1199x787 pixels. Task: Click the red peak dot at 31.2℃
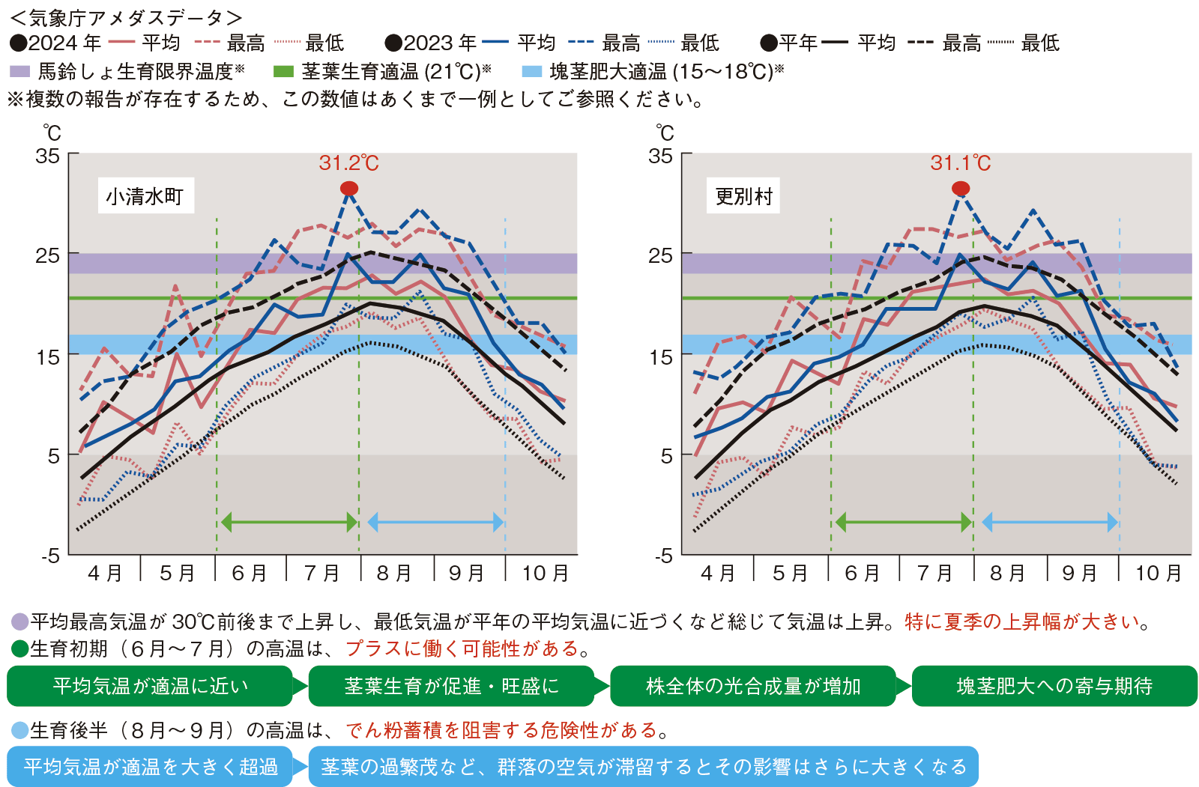point(349,188)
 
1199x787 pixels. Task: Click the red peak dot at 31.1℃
point(961,188)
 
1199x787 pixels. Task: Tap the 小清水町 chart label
point(145,196)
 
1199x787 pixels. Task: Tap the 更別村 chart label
point(743,196)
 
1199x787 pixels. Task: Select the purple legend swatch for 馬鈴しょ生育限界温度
point(19,72)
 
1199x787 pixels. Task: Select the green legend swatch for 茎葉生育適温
point(283,72)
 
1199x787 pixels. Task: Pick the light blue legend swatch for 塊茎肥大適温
point(531,72)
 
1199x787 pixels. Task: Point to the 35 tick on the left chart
point(48,156)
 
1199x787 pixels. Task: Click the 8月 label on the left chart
point(394,574)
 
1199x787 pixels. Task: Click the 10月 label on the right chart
point(1158,574)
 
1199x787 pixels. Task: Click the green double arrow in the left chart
point(289,522)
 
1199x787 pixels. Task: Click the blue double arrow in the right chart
point(1049,522)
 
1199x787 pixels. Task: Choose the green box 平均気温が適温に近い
point(150,686)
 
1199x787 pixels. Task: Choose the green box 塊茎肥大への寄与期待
point(1054,686)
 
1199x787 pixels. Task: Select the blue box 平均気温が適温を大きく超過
point(150,767)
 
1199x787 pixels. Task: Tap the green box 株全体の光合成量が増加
point(753,686)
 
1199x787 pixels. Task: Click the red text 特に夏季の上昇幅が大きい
point(1022,622)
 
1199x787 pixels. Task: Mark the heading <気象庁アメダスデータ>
point(125,17)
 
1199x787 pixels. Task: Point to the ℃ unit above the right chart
point(665,133)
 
